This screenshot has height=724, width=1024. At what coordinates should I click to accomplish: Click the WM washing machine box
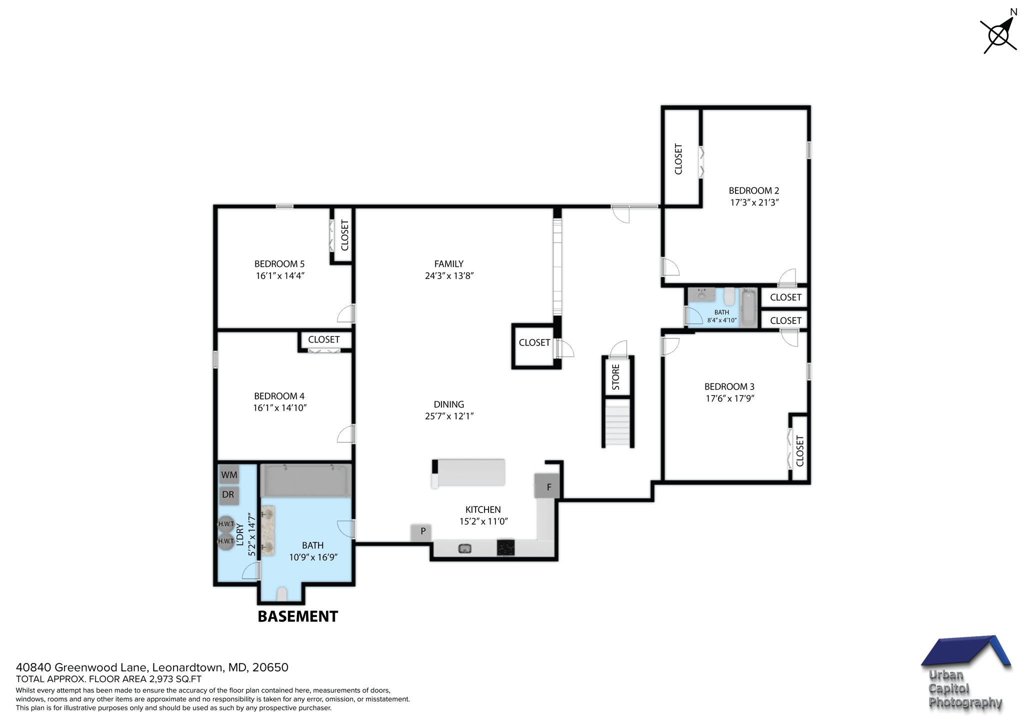pyautogui.click(x=229, y=474)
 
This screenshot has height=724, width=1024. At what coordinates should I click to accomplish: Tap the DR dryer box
pyautogui.click(x=228, y=495)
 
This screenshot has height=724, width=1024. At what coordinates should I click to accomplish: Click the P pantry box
pyautogui.click(x=422, y=531)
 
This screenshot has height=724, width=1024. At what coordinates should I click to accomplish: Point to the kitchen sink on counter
pyautogui.click(x=464, y=549)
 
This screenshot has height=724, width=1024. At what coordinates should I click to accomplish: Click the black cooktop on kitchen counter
pyautogui.click(x=505, y=547)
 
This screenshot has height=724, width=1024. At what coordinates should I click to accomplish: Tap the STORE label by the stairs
pyautogui.click(x=615, y=377)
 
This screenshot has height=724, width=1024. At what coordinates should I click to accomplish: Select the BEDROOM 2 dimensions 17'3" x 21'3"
pyautogui.click(x=754, y=202)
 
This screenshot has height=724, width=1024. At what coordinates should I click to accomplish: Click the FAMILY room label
pyautogui.click(x=448, y=264)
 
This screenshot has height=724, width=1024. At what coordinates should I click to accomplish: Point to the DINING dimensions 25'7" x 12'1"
pyautogui.click(x=448, y=416)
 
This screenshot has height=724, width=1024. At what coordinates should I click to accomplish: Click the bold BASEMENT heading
pyautogui.click(x=297, y=616)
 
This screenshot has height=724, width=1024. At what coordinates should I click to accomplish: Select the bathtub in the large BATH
pyautogui.click(x=305, y=480)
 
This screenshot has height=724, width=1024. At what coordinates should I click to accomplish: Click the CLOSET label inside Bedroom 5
pyautogui.click(x=344, y=235)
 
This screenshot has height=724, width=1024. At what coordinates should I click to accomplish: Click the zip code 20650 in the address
pyautogui.click(x=270, y=667)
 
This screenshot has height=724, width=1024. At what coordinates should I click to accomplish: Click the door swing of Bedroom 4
pyautogui.click(x=345, y=434)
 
